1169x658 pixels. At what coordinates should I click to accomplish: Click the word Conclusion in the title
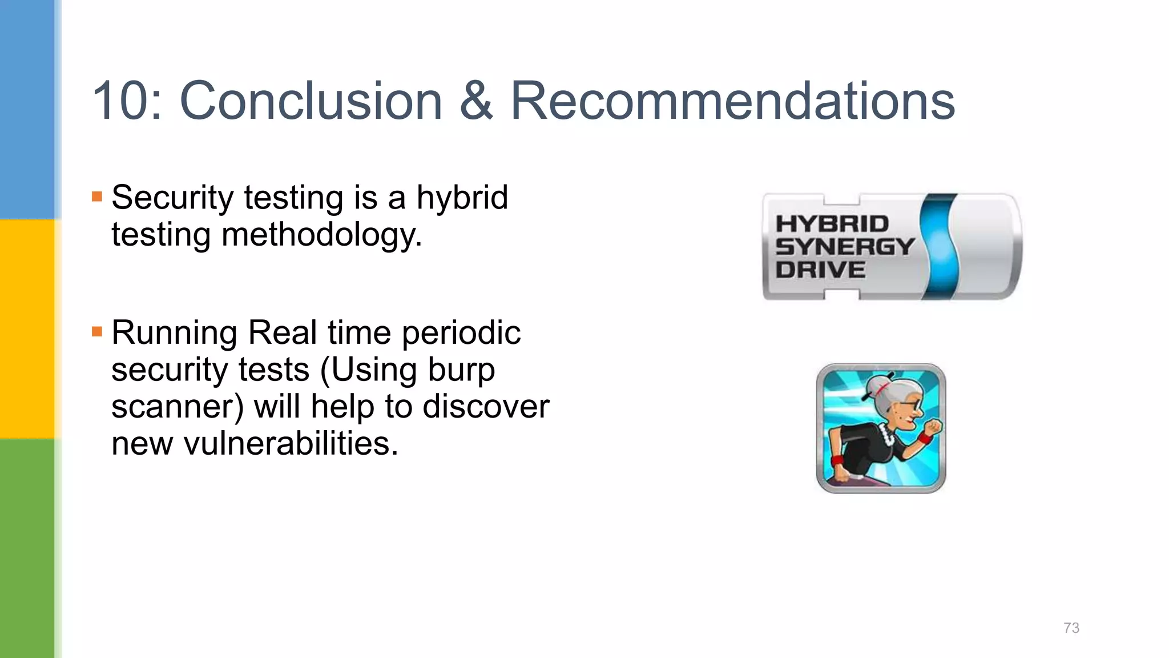pos(311,101)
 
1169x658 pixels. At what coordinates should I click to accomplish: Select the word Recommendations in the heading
pos(732,101)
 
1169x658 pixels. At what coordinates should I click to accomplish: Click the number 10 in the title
pos(120,101)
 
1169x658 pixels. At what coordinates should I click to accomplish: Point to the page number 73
pos(1071,628)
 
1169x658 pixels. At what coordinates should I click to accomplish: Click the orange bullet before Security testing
pos(97,197)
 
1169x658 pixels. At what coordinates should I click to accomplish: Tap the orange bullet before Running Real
pos(97,331)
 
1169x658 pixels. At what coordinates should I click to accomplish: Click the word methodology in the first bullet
pos(321,235)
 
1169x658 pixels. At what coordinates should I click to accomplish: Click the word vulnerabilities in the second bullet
pos(291,444)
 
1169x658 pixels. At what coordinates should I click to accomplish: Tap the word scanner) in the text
pos(178,407)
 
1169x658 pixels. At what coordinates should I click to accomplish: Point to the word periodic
pos(461,333)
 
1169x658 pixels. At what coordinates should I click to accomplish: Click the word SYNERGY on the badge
pos(845,247)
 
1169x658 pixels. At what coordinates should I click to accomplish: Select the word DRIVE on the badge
pos(820,270)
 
